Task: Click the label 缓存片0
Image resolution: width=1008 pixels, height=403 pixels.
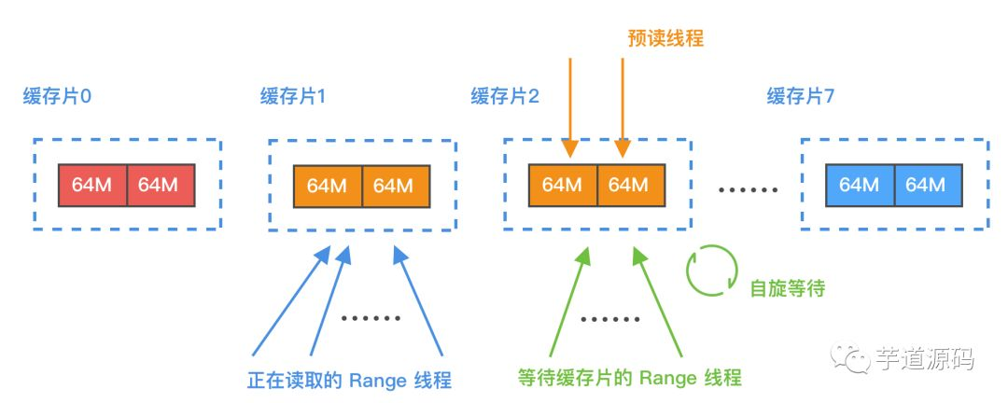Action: (x=58, y=96)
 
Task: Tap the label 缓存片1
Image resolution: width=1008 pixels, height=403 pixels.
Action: (x=293, y=96)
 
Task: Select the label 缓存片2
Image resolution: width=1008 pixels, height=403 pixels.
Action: (x=505, y=96)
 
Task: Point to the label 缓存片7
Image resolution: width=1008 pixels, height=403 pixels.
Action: (x=800, y=96)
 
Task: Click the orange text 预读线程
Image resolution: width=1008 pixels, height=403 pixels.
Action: (x=665, y=39)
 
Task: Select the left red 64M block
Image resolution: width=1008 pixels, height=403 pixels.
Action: (x=91, y=185)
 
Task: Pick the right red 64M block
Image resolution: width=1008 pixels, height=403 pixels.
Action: (x=159, y=185)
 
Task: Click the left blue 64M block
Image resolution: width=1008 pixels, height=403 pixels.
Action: (x=861, y=185)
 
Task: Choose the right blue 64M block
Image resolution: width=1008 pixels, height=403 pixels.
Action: (x=928, y=185)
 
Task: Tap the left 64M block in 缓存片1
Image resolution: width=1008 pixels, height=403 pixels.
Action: (x=327, y=186)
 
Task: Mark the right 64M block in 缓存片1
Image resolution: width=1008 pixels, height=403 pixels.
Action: (x=395, y=186)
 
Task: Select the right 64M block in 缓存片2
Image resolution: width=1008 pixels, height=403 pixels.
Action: (x=630, y=185)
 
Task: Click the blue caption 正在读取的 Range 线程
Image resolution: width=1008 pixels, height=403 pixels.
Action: (x=349, y=380)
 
